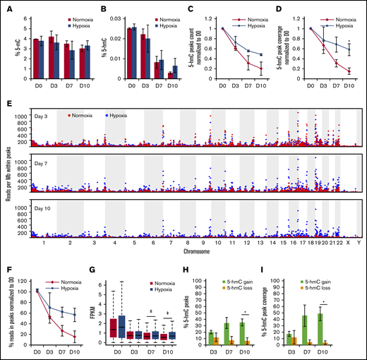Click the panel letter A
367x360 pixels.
6,8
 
